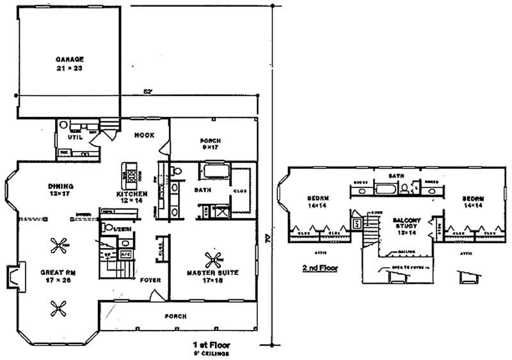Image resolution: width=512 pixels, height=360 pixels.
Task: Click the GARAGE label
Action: point(68,58)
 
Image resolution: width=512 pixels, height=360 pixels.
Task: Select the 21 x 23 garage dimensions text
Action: point(68,67)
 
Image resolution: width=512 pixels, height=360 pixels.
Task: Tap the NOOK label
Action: point(142,136)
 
